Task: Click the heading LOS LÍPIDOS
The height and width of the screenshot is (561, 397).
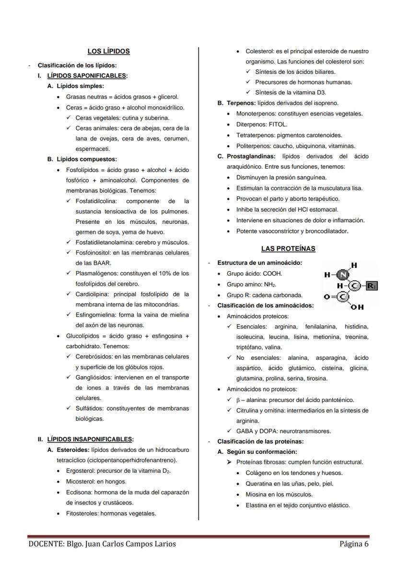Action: pyautogui.click(x=108, y=51)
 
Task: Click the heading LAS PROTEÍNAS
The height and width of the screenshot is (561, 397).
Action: pyautogui.click(x=288, y=249)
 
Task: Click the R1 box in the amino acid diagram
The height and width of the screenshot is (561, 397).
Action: pyautogui.click(x=372, y=286)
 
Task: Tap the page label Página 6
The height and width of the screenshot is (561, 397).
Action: pyautogui.click(x=354, y=544)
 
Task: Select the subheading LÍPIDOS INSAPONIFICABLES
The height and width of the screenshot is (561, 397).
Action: pyautogui.click(x=90, y=439)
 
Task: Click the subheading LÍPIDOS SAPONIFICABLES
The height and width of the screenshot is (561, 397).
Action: pyautogui.click(x=86, y=76)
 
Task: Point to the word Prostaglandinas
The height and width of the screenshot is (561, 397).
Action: pyautogui.click(x=251, y=156)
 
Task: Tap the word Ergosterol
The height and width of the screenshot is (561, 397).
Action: pyautogui.click(x=81, y=470)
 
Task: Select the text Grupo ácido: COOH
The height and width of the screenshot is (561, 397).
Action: pyautogui.click(x=255, y=274)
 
